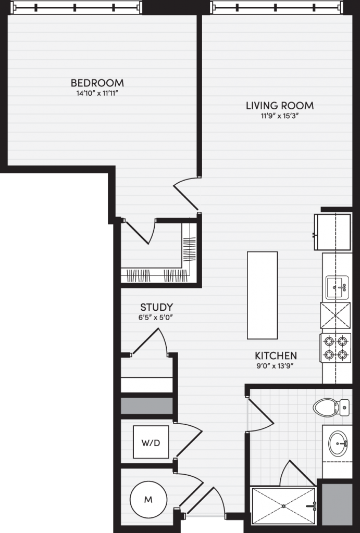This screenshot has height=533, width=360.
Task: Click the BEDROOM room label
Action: (97, 83)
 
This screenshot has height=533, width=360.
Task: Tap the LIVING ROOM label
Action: (280, 105)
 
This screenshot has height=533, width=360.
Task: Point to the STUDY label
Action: (156, 307)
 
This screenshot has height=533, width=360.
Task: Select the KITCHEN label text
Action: (276, 356)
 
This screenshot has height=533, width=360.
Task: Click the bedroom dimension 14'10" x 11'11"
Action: (97, 93)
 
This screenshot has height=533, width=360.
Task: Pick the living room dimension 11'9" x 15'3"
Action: (280, 116)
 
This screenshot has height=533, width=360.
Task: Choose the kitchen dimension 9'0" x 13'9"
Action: (276, 366)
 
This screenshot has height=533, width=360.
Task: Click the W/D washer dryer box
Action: (151, 442)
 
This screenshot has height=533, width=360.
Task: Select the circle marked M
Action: (148, 500)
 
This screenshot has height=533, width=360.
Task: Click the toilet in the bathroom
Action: (331, 407)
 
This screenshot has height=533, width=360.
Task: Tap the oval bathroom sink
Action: (338, 443)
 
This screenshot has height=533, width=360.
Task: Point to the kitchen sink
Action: (337, 287)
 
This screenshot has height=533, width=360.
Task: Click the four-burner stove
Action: (335, 348)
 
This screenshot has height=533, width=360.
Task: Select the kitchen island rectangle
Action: (263, 295)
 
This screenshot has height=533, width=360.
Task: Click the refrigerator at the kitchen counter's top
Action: (332, 232)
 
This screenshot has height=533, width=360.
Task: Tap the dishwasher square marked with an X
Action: (335, 315)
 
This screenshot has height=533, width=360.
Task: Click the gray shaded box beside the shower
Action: (337, 504)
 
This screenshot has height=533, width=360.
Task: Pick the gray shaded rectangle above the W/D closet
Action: (147, 406)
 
